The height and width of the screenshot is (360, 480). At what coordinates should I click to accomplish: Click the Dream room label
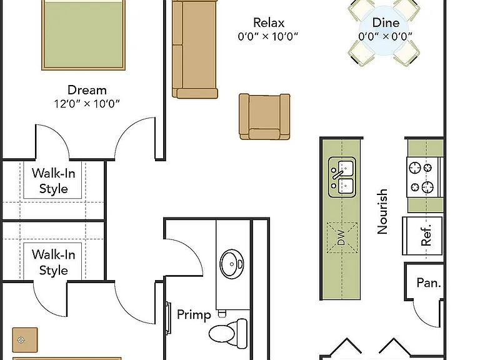pyautogui.click(x=87, y=90)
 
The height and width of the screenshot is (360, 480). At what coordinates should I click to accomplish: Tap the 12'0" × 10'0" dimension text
pyautogui.click(x=87, y=104)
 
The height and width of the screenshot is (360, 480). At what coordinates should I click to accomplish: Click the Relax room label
pyautogui.click(x=269, y=22)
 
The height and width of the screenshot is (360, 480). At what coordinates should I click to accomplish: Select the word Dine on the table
pyautogui.click(x=386, y=22)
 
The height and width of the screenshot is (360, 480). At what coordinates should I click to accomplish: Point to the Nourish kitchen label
pyautogui.click(x=382, y=211)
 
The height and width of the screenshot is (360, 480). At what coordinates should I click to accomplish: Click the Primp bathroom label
pyautogui.click(x=194, y=315)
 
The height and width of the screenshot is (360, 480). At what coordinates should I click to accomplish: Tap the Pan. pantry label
pyautogui.click(x=429, y=283)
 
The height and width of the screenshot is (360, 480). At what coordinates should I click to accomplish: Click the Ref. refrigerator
pyautogui.click(x=422, y=236)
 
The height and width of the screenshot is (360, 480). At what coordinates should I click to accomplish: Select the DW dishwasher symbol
pyautogui.click(x=342, y=237)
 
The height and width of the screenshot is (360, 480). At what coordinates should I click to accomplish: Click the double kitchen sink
pyautogui.click(x=342, y=177)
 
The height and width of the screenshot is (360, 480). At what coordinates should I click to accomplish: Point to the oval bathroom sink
pyautogui.click(x=232, y=264)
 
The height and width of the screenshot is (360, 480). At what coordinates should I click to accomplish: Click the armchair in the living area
pyautogui.click(x=264, y=117)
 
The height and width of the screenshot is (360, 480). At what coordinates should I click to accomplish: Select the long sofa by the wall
pyautogui.click(x=195, y=49)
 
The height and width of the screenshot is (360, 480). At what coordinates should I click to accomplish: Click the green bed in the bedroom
pyautogui.click(x=83, y=35)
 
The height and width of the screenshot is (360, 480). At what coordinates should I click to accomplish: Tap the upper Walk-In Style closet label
pyautogui.click(x=53, y=181)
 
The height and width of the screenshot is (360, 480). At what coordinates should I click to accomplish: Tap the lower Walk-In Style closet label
pyautogui.click(x=53, y=262)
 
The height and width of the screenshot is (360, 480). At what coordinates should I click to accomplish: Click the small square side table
pyautogui.click(x=25, y=340)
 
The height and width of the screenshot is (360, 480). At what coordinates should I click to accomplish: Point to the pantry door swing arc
pyautogui.click(x=422, y=318)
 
